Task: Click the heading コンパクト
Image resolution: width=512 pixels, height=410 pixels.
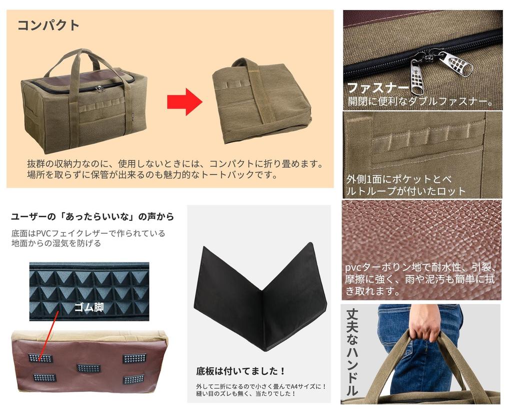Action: point(48,25)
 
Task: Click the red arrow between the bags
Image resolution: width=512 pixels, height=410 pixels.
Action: point(184,102)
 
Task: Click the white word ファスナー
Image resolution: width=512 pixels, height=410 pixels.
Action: point(378,88)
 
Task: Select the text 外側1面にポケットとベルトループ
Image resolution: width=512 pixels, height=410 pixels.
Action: point(405,185)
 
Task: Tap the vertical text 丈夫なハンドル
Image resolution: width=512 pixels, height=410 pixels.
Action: point(352,352)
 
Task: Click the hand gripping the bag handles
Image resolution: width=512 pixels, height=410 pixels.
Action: point(424,322)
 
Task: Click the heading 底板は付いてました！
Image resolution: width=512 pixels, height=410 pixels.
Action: point(240,371)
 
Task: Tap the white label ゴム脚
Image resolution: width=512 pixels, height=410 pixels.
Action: point(88,307)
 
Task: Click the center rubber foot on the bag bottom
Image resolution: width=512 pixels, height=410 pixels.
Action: point(88,368)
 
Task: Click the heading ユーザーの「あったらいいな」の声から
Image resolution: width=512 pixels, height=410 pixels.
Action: point(92,217)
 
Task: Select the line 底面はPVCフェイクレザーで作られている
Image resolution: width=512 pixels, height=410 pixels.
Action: point(88,233)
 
